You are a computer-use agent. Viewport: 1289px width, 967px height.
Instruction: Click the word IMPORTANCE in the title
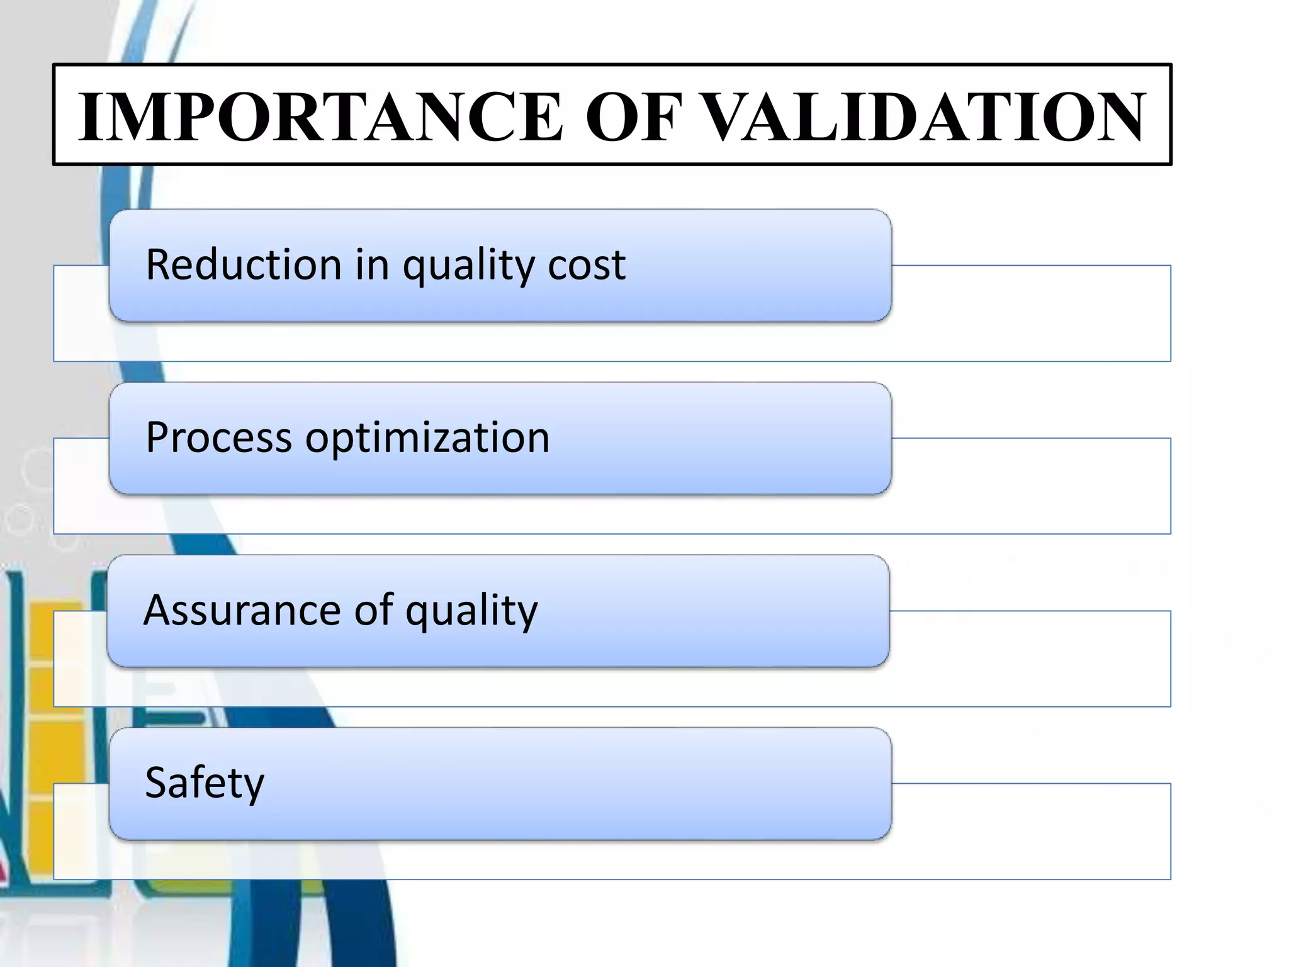click(320, 116)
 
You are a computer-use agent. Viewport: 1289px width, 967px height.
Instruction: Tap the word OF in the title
click(633, 116)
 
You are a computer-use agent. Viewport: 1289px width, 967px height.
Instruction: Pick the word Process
click(218, 438)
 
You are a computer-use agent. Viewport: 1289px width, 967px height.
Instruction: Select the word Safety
click(205, 783)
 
